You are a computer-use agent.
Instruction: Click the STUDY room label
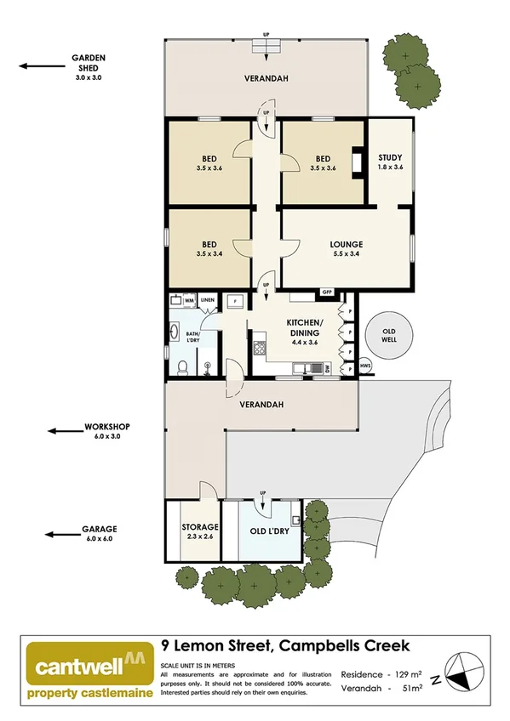pyautogui.click(x=389, y=158)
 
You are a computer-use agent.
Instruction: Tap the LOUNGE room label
pyautogui.click(x=347, y=245)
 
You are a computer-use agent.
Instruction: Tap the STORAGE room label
pyautogui.click(x=200, y=526)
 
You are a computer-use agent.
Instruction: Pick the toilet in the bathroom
pyautogui.click(x=183, y=366)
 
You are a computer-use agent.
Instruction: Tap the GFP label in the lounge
pyautogui.click(x=326, y=292)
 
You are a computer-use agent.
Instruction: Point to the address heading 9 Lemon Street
pyautogui.click(x=285, y=646)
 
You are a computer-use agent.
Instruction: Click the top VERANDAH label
pyautogui.click(x=266, y=78)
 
